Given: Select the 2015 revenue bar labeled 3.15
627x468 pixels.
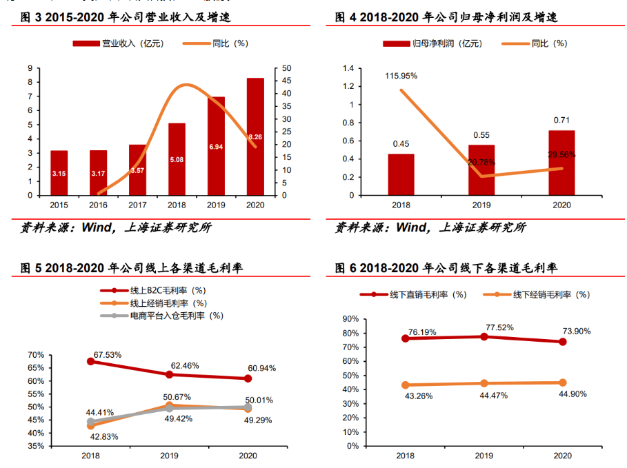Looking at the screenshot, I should click(x=59, y=172).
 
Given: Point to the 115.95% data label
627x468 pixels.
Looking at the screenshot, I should click(x=401, y=76).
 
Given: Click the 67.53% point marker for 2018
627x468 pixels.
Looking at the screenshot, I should click(x=91, y=361).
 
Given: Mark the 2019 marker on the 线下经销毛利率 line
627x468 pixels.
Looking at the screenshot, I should click(x=484, y=383).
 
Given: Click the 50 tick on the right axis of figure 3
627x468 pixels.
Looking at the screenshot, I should click(x=278, y=68).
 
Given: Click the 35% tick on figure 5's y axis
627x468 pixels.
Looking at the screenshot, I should click(x=36, y=446).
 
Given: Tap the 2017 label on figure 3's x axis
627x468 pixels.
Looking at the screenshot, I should click(x=137, y=205).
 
